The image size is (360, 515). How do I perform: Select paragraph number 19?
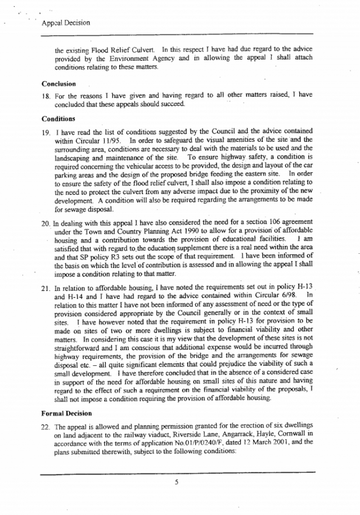point(46,132)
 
